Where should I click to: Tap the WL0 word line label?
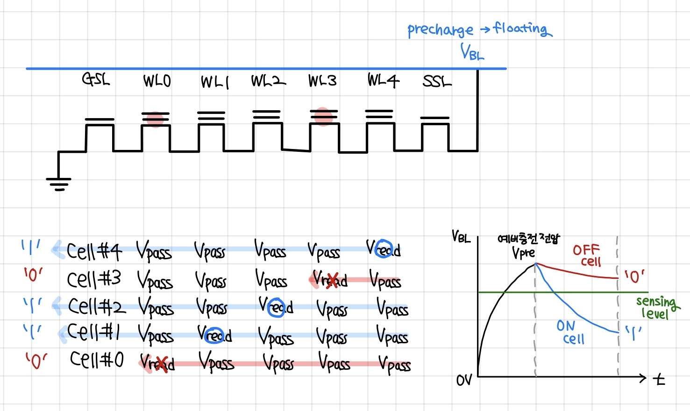coord(157,81)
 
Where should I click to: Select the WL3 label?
coord(322,81)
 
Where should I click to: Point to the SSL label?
coord(437,82)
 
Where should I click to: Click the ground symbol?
coord(58,184)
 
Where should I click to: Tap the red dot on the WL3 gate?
coord(323,116)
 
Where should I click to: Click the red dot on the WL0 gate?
coord(155,119)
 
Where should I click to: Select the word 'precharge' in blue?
coord(440,30)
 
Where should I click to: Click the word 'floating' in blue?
coord(522,29)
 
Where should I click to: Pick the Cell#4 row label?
coord(94,251)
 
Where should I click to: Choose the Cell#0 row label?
coord(97,360)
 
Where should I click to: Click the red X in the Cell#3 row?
coord(332,280)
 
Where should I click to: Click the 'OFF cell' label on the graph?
coord(587,255)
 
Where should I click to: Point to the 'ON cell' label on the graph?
coord(570,332)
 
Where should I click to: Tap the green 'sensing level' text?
coord(656,307)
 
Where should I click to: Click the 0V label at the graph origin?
coord(464,380)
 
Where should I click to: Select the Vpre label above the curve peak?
coord(523,253)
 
